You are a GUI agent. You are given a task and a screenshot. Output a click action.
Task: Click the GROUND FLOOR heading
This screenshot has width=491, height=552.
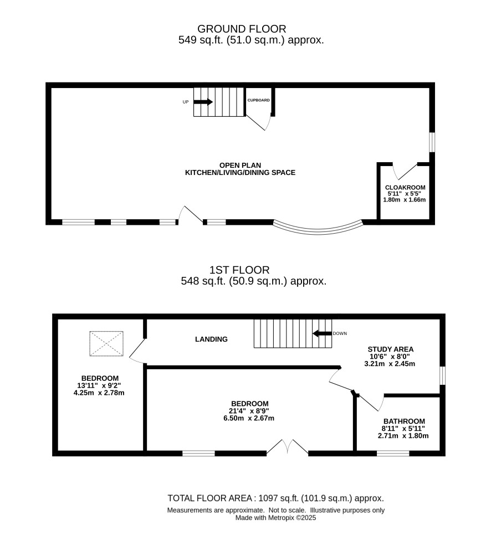tap(242, 29)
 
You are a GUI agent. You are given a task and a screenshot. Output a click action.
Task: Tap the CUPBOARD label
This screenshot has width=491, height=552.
tap(258, 100)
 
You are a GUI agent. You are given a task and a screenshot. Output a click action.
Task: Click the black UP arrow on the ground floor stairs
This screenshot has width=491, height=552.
tap(203, 102)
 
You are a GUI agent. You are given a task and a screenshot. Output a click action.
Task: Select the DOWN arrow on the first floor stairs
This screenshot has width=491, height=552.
tap(322, 333)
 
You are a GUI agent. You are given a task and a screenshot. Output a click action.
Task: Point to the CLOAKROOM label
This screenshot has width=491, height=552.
tap(405, 188)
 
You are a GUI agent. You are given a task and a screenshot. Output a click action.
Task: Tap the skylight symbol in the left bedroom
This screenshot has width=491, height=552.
tap(106, 344)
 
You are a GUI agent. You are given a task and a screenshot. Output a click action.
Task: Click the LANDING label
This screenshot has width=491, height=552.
tap(212, 339)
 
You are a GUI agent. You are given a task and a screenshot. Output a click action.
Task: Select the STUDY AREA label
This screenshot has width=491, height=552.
tap(391, 349)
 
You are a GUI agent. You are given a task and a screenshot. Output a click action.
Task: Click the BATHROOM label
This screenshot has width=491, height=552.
tap(405, 421)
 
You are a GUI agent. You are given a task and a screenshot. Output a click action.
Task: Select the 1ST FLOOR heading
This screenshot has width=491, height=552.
tap(239, 270)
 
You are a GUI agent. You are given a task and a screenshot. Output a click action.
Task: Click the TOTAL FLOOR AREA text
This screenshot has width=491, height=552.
tap(275, 498)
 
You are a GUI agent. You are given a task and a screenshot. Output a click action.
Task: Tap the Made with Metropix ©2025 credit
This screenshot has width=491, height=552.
tap(275, 518)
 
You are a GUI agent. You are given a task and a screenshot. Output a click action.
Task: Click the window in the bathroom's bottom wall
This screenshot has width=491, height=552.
tap(393, 453)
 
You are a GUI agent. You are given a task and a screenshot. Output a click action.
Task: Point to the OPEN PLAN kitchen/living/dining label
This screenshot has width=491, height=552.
tap(240, 169)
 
